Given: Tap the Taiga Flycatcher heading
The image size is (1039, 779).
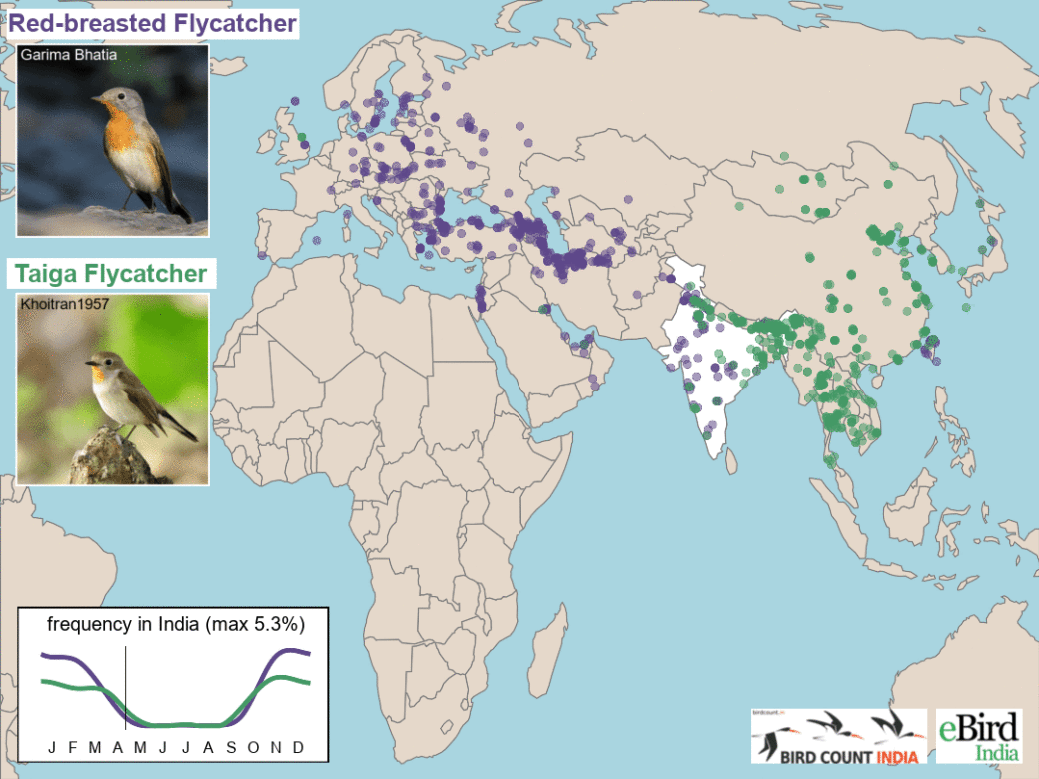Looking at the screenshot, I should [110, 273].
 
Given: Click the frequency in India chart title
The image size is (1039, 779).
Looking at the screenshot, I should [176, 625].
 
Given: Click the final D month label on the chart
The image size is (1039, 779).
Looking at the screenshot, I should [297, 747].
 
